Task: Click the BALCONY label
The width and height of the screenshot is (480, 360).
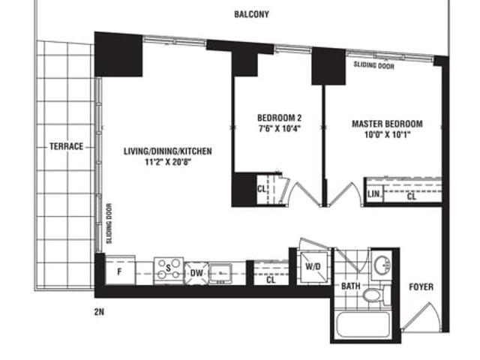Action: (251, 14)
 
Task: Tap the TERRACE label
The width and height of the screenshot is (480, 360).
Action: (67, 146)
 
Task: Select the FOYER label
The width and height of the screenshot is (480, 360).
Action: (421, 286)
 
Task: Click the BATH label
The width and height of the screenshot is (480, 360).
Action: (351, 286)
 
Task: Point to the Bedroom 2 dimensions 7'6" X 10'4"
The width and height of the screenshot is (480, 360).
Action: (279, 128)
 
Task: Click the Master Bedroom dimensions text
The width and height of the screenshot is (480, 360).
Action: (387, 134)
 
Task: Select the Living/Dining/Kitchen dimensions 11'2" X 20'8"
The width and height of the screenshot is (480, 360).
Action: (168, 162)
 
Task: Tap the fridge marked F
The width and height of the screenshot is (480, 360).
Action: (120, 270)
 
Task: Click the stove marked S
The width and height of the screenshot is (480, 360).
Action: (169, 270)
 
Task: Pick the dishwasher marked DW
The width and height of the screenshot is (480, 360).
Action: (196, 272)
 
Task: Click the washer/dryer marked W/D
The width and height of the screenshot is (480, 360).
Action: (313, 267)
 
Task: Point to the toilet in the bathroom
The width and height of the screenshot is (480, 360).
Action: (373, 295)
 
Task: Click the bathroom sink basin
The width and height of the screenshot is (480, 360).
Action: (382, 265)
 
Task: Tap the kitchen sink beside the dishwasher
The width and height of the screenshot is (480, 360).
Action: (220, 272)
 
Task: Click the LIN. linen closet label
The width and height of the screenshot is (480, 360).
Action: (374, 193)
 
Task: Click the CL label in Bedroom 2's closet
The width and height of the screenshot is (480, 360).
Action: (262, 189)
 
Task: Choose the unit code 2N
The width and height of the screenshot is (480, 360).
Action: (99, 312)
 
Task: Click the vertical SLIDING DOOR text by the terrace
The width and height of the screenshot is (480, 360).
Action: (109, 223)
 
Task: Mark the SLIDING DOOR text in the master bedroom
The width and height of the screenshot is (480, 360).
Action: (373, 65)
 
